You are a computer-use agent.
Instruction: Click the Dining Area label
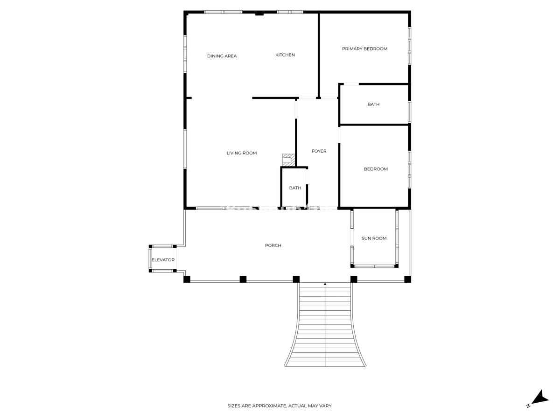(222, 56)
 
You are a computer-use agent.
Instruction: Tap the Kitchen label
(285, 55)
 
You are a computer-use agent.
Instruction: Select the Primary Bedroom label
(364, 49)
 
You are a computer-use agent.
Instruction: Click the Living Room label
(241, 153)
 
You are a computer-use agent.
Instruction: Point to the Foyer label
(319, 151)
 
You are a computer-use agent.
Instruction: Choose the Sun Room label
(374, 238)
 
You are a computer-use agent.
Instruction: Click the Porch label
(273, 245)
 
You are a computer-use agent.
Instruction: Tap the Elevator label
(163, 260)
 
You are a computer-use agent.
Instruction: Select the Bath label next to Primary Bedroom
(373, 105)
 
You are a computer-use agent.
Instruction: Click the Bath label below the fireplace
(295, 188)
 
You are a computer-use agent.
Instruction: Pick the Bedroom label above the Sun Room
(376, 169)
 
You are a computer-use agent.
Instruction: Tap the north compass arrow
(541, 397)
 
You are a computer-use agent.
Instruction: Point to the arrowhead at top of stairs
(325, 283)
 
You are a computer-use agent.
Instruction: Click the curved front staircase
(325, 327)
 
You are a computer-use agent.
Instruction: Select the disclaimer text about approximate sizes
(280, 406)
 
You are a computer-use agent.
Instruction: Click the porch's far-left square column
(187, 279)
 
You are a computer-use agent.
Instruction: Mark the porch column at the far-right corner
(407, 279)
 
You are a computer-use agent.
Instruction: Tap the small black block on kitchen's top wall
(259, 14)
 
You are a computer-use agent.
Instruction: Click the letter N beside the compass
(528, 406)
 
